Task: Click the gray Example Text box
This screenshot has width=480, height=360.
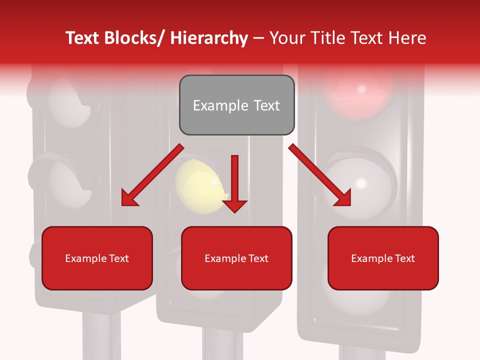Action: [236, 105]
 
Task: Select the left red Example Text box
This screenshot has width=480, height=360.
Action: [97, 258]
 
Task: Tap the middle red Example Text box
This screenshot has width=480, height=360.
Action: [236, 258]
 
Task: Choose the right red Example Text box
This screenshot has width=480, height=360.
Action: [383, 258]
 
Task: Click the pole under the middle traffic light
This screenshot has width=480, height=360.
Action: [222, 345]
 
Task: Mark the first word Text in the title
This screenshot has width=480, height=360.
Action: [83, 38]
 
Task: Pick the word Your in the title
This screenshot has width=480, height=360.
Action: [286, 38]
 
